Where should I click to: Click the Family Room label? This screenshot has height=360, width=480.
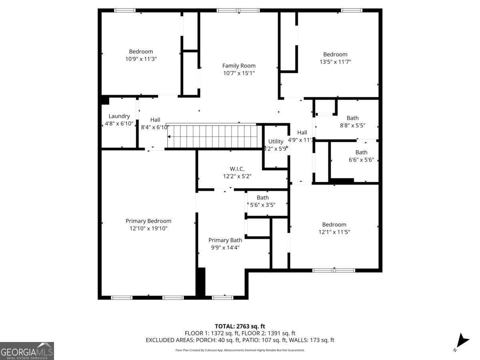click(x=239, y=66)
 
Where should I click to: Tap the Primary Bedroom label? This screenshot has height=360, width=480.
click(x=148, y=221)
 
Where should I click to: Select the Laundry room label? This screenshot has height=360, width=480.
click(x=119, y=116)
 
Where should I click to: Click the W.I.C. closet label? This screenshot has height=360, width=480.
click(x=237, y=168)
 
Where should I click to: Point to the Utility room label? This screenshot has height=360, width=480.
click(x=276, y=141)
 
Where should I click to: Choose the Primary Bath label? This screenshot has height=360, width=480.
click(x=225, y=240)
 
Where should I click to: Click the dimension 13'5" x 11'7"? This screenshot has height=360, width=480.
click(x=335, y=62)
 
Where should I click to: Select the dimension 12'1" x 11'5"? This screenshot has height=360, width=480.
click(x=334, y=232)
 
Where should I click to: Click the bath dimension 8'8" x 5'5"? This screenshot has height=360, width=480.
click(x=352, y=125)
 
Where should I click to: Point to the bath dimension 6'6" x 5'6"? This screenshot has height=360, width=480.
click(x=361, y=160)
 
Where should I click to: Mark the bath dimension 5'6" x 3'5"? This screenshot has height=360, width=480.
click(x=263, y=204)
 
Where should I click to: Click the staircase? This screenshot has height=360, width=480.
click(x=212, y=136)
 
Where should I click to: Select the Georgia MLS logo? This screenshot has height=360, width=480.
click(x=27, y=351)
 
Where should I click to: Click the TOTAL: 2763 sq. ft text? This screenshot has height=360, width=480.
click(x=240, y=326)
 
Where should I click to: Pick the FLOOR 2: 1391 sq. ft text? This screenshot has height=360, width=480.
click(x=272, y=333)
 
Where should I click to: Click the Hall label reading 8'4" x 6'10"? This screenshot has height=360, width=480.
click(x=155, y=127)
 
